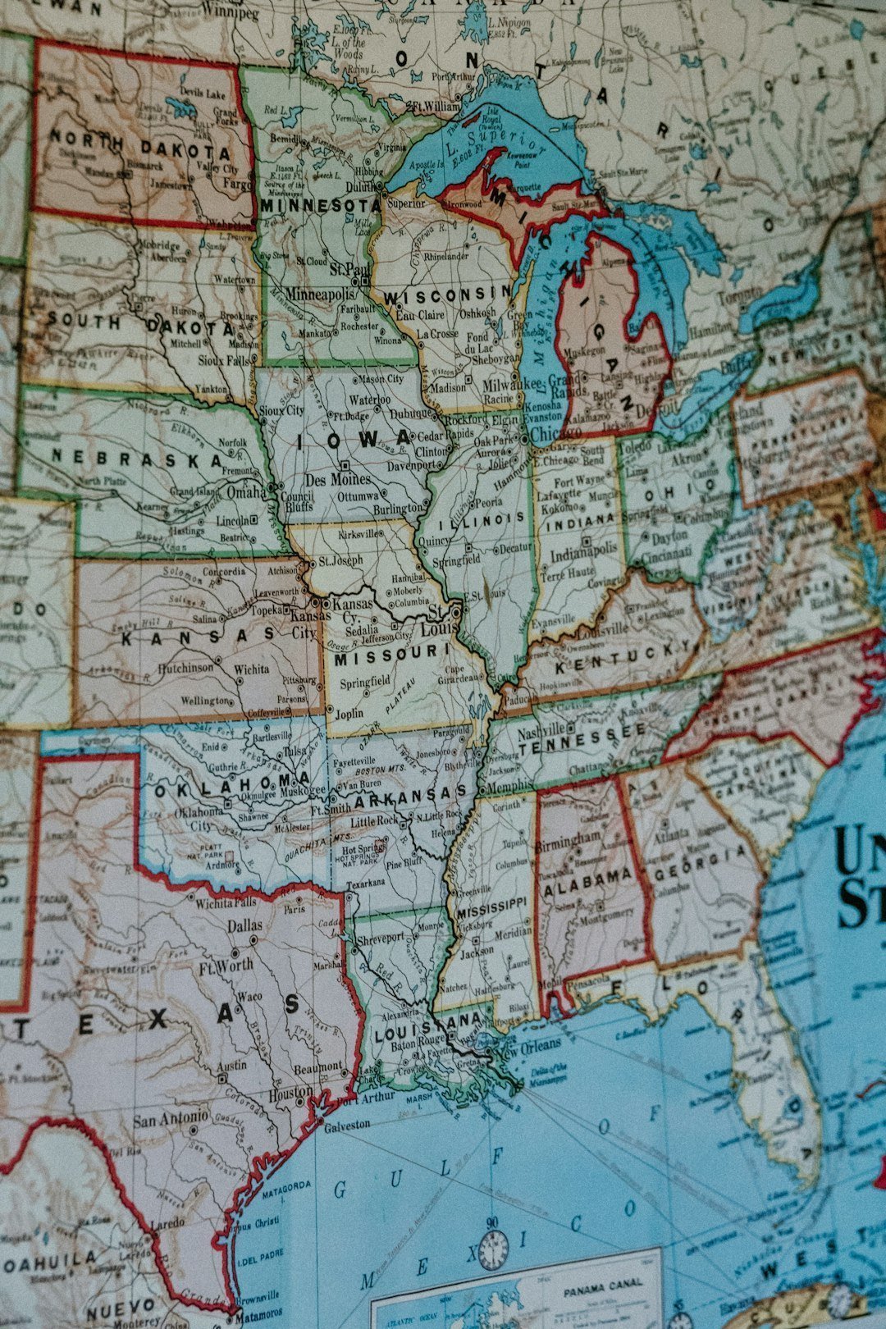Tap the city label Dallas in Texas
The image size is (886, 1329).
[x=245, y=925]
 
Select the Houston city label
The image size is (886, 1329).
[x=291, y=1093]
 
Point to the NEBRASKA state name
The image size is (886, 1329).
[x=136, y=457]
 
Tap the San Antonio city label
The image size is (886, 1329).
[x=171, y=1118]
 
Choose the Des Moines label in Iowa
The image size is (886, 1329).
[x=337, y=479]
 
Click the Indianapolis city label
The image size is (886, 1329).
[x=583, y=555]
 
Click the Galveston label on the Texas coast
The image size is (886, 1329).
[x=347, y=1126]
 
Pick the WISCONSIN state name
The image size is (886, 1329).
[x=447, y=295]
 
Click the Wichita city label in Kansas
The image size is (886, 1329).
[x=251, y=669]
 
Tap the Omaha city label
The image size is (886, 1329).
[x=246, y=491]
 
